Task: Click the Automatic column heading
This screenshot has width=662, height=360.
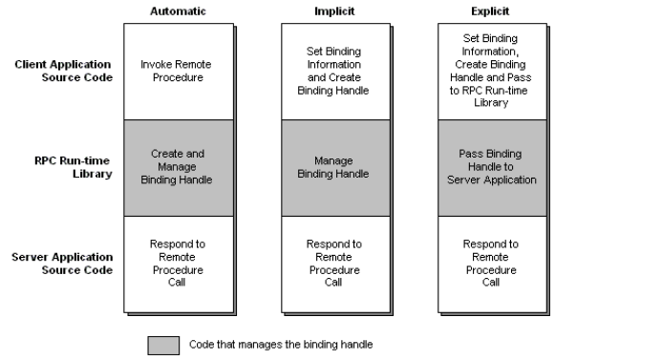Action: click(178, 11)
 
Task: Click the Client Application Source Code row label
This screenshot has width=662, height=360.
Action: click(64, 71)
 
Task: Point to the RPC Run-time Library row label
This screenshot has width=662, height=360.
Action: click(75, 166)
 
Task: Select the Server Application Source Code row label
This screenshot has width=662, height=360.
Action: click(64, 263)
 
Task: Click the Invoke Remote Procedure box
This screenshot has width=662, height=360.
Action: click(177, 71)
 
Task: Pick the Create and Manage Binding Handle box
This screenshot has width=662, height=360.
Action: click(177, 166)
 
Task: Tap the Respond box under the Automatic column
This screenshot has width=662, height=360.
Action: click(177, 263)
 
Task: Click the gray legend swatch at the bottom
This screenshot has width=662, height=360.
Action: click(163, 345)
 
